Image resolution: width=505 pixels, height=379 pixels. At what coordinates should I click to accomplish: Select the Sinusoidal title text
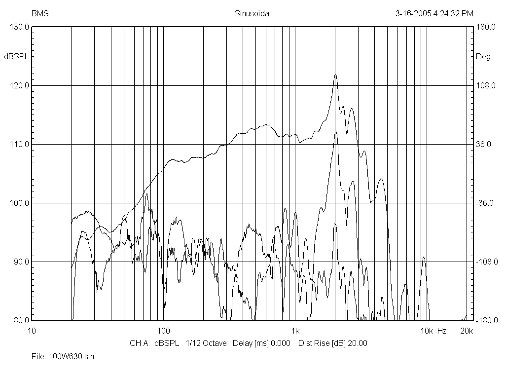click(252, 14)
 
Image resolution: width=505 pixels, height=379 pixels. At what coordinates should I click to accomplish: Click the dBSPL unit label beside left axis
click(16, 56)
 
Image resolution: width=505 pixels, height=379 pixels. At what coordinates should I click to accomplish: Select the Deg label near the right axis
click(483, 56)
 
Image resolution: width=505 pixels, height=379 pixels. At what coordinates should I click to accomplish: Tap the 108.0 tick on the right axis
click(484, 85)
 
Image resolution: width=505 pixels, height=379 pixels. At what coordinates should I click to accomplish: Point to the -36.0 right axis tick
click(484, 203)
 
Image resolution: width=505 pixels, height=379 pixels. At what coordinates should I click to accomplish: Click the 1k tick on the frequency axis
click(295, 330)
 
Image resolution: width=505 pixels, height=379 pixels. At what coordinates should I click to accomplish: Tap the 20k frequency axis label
click(467, 330)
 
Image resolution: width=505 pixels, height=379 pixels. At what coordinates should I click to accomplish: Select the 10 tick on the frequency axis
click(32, 330)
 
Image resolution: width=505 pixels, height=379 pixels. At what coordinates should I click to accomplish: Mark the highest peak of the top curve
click(335, 75)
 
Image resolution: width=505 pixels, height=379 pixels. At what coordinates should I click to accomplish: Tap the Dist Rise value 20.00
click(358, 343)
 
